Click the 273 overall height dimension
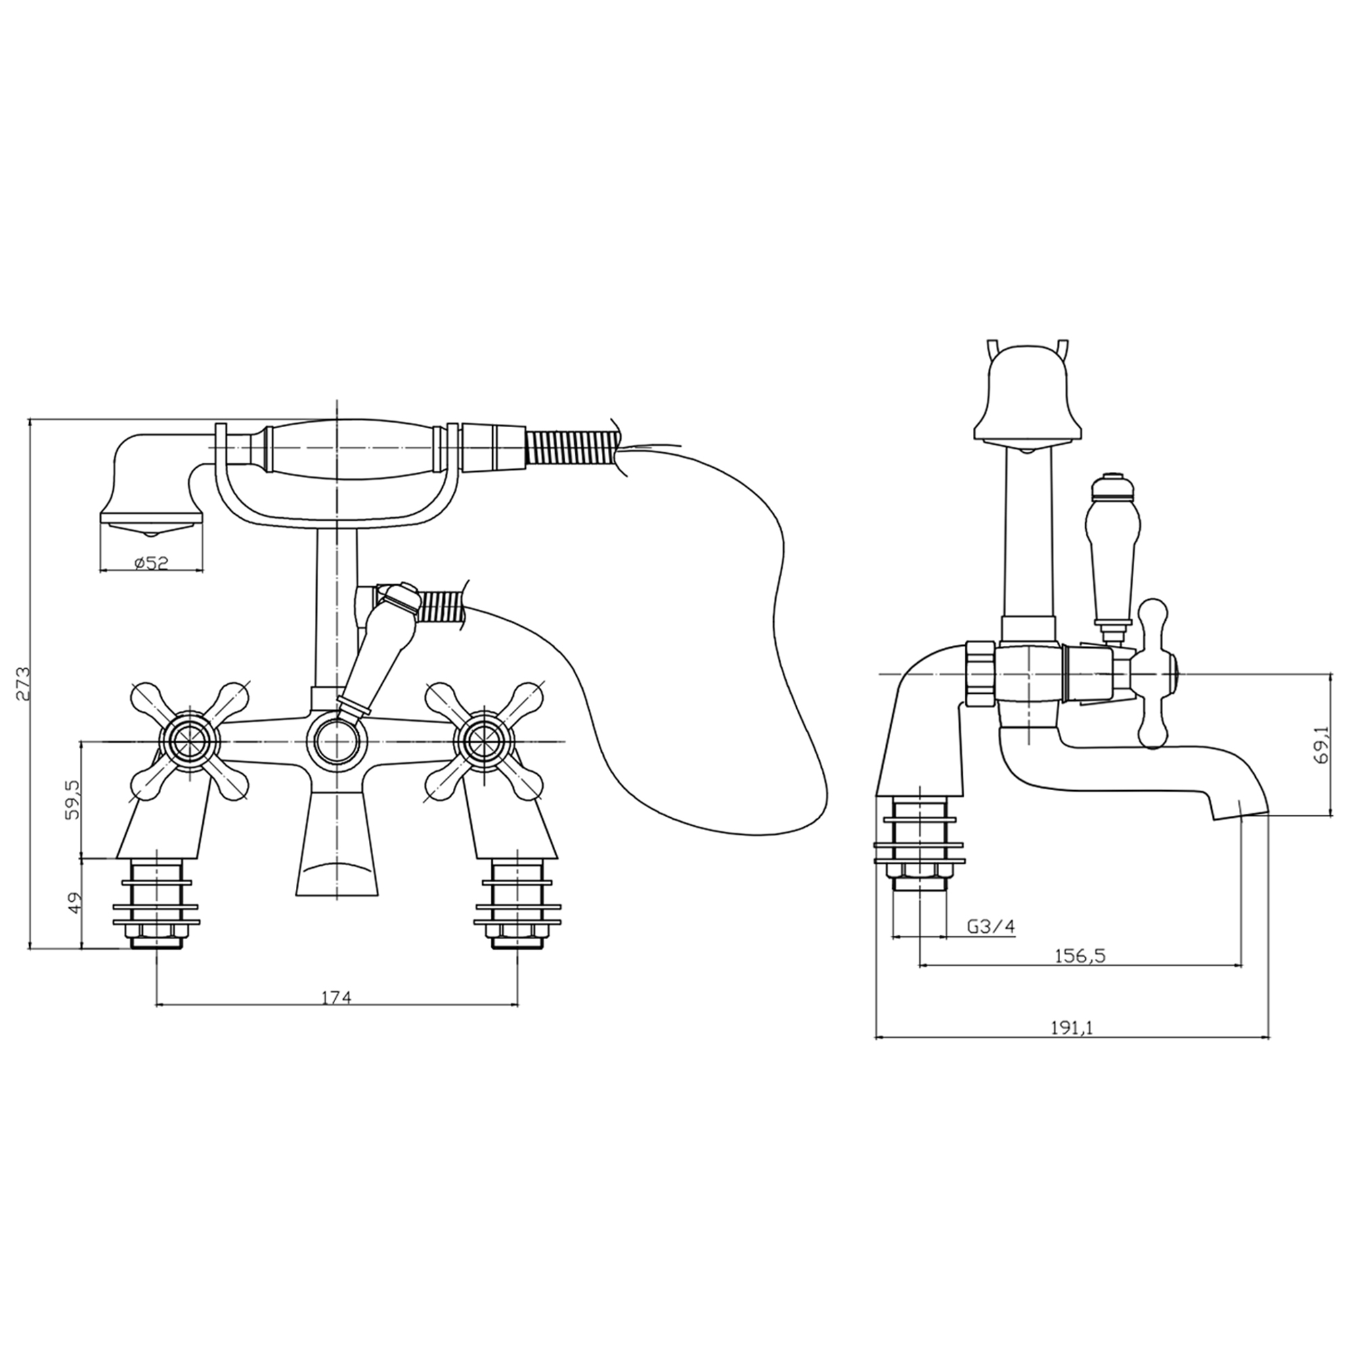23,683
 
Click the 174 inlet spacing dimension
336,997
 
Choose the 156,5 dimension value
1079,956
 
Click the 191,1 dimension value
1072,1028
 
